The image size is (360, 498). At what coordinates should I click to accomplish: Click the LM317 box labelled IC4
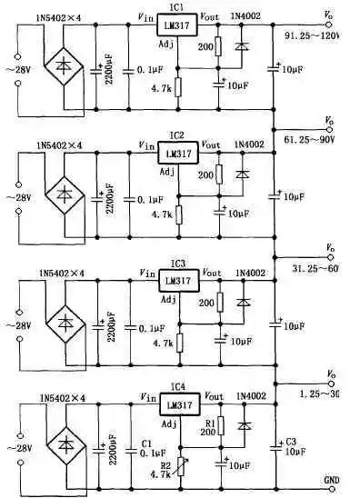point(180,403)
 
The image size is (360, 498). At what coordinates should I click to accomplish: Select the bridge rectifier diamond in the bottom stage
point(65,446)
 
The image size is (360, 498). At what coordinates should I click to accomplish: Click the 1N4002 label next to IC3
point(250,272)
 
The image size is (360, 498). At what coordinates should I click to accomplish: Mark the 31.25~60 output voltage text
point(324,268)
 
